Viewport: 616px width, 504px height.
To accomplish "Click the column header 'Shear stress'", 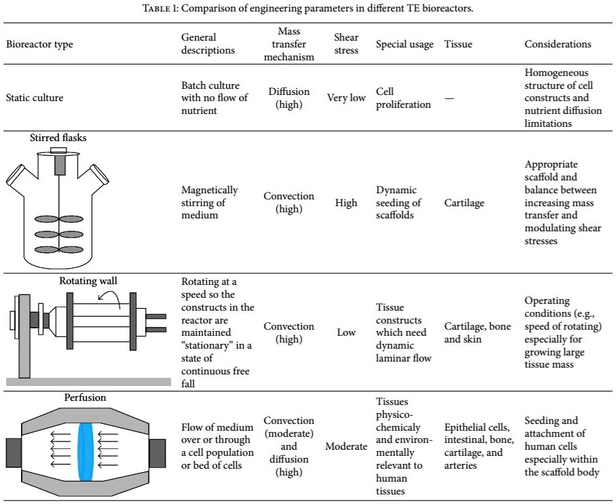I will tap(346, 45).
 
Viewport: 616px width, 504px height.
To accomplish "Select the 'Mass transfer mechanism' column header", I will tap(290, 45).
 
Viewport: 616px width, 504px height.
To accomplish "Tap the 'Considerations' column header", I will tap(558, 45).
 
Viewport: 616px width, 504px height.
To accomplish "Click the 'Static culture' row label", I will tap(35, 97).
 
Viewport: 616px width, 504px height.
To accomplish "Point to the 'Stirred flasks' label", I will tap(58, 138).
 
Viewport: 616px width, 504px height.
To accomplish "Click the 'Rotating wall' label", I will tap(83, 281).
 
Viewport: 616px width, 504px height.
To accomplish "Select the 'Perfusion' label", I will tap(85, 398).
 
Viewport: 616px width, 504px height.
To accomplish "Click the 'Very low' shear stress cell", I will tap(346, 97).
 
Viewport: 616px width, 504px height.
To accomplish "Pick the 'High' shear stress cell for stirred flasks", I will tap(346, 203).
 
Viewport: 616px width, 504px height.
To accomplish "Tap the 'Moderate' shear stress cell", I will tap(346, 447).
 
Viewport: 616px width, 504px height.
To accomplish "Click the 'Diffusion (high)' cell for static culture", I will tap(290, 98).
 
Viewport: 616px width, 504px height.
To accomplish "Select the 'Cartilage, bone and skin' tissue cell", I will tap(478, 332).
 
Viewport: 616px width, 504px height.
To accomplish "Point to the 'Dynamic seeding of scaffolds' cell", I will tap(399, 203).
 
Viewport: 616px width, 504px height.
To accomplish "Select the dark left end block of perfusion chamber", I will tap(14, 452).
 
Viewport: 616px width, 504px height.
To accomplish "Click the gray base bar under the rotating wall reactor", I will tap(88, 383).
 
